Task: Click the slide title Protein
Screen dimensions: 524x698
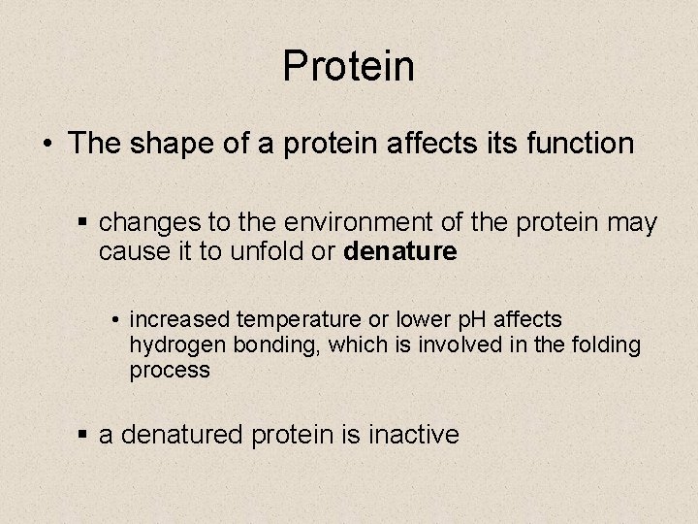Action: pos(349,66)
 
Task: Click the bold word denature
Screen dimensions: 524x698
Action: pos(399,251)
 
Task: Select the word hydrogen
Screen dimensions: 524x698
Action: pos(173,345)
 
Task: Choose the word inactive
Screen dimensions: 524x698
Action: pos(414,435)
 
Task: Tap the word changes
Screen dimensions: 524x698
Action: pos(141,223)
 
